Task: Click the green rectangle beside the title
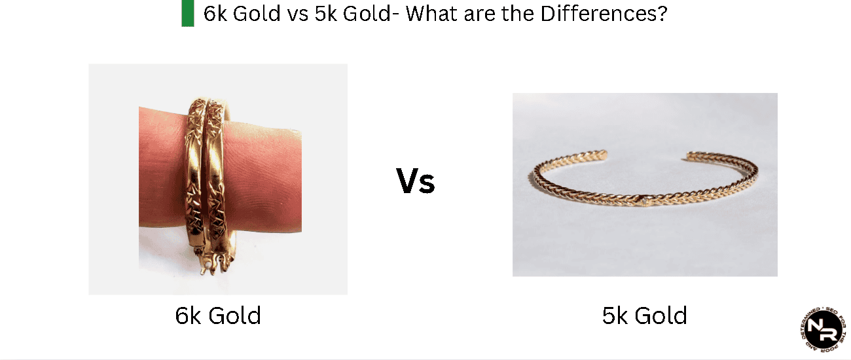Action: (x=188, y=14)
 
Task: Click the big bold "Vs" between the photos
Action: (x=415, y=181)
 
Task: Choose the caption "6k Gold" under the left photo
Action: (x=218, y=316)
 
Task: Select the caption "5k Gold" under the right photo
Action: (x=644, y=316)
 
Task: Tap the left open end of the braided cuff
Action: (x=605, y=154)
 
